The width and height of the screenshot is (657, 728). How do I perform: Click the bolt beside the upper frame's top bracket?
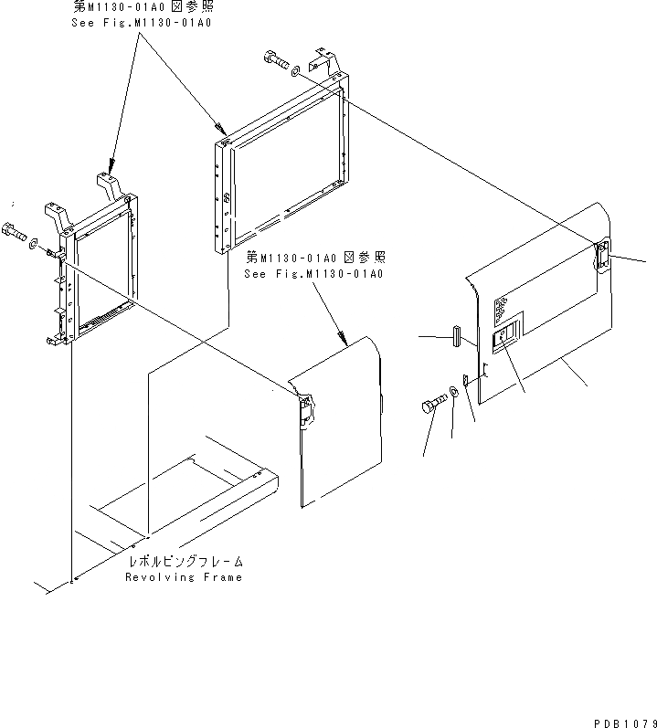(x=274, y=60)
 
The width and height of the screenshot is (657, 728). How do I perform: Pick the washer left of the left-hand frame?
(x=34, y=244)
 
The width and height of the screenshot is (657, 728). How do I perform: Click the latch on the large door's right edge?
(x=602, y=255)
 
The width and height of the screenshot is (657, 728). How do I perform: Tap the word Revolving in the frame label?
(x=155, y=577)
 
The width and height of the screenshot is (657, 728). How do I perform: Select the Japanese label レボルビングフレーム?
(x=186, y=562)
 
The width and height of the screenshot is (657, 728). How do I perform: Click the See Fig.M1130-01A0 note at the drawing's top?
(x=141, y=22)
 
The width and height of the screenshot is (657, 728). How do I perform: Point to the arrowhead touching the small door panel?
(x=346, y=343)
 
